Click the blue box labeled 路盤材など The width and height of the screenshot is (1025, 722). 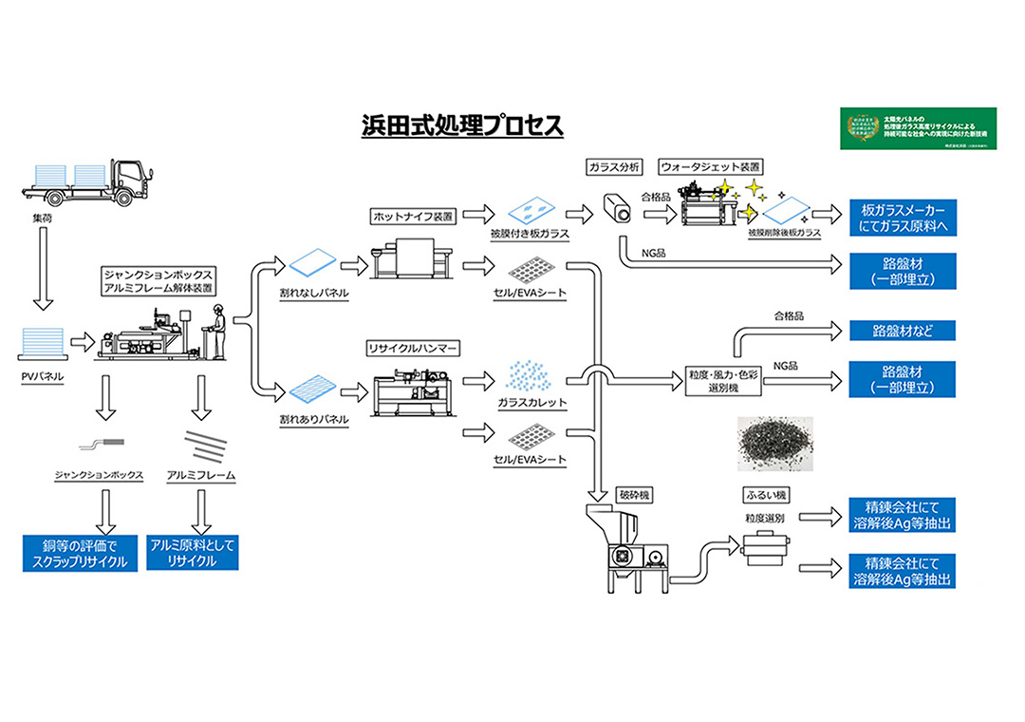coord(902,332)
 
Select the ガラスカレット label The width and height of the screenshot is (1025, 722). coord(531,402)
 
